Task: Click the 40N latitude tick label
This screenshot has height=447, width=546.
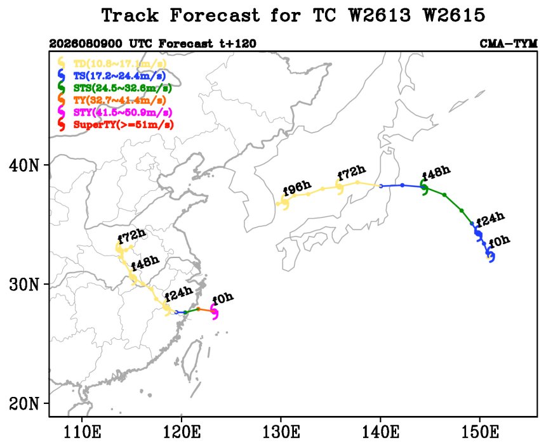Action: (x=23, y=165)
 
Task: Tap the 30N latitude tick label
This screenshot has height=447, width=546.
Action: (x=23, y=285)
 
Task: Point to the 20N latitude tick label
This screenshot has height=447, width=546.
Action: (x=23, y=404)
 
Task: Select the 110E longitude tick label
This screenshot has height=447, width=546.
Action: (x=83, y=433)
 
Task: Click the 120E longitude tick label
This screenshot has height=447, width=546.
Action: (x=182, y=433)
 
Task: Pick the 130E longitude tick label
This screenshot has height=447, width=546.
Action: (x=281, y=433)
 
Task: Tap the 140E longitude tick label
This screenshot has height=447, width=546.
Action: (x=380, y=433)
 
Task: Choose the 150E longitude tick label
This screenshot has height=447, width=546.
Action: (x=480, y=433)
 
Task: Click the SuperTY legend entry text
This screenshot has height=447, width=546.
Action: (x=124, y=125)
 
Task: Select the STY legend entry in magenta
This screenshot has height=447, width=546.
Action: (x=123, y=113)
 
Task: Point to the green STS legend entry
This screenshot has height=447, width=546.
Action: (x=123, y=88)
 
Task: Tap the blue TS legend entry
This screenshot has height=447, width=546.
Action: (x=119, y=76)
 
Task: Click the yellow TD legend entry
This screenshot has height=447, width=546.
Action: (x=120, y=63)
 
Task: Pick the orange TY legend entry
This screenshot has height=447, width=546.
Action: (x=119, y=101)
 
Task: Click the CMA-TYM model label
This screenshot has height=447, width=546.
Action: (x=509, y=44)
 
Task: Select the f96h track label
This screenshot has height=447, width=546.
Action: (x=297, y=188)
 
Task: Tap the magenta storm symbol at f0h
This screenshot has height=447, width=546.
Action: (x=214, y=311)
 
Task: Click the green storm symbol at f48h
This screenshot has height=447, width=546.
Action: (x=424, y=187)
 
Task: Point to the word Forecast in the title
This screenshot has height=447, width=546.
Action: (x=215, y=16)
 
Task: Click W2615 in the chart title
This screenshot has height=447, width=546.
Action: (x=455, y=16)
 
